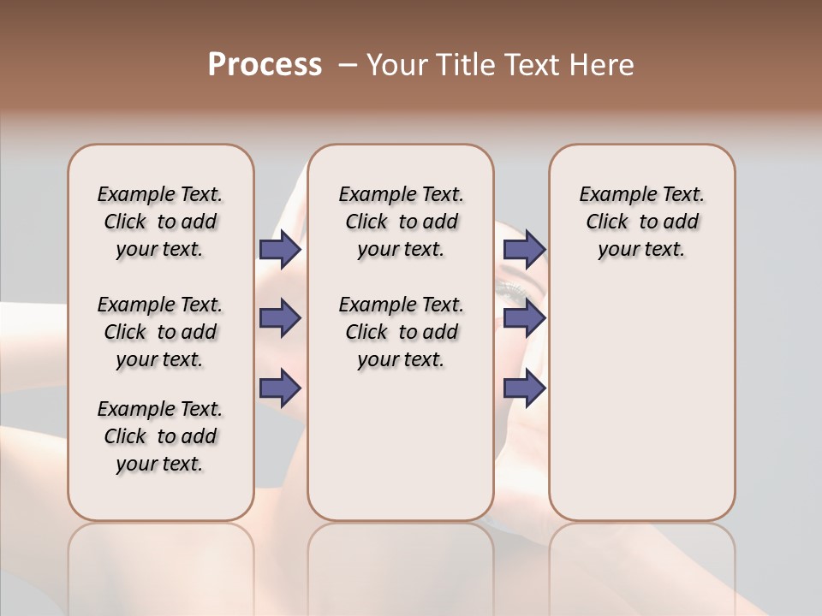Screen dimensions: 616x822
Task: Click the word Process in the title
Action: [x=265, y=65]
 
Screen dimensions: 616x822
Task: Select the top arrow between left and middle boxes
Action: [x=280, y=249]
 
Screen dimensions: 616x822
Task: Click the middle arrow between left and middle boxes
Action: [x=280, y=318]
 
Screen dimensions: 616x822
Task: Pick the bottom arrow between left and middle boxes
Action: [x=280, y=388]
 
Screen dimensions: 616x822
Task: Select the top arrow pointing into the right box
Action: [x=524, y=249]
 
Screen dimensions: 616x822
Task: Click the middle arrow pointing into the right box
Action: [x=524, y=318]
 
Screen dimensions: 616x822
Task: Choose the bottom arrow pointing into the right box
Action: [x=524, y=388]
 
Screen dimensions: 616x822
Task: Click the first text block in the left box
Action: [x=160, y=222]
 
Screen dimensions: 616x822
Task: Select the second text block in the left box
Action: [x=160, y=332]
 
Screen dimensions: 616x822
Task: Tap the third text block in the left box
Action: [x=160, y=436]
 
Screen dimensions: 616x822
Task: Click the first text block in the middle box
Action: [x=401, y=222]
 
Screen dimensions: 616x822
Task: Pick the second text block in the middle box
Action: [x=401, y=332]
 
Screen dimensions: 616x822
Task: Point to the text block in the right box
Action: [x=641, y=222]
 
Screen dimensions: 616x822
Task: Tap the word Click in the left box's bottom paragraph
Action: [x=125, y=436]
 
